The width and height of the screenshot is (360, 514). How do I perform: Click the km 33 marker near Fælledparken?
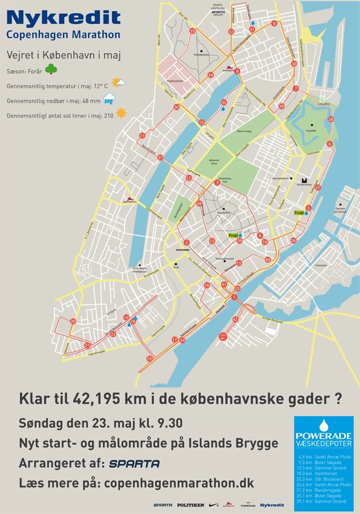[x=192, y=31]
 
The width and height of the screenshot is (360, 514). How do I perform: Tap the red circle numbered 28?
[x=331, y=120]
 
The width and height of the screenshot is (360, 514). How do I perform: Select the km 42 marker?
[x=235, y=319]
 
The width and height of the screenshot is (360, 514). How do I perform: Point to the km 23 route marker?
[x=150, y=358]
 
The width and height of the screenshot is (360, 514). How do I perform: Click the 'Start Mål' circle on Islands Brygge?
[x=223, y=336]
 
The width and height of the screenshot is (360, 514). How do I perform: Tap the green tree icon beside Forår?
[x=51, y=70]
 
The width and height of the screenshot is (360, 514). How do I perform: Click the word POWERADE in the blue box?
[x=323, y=436]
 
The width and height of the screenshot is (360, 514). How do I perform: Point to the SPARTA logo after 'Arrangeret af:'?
[x=134, y=463]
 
